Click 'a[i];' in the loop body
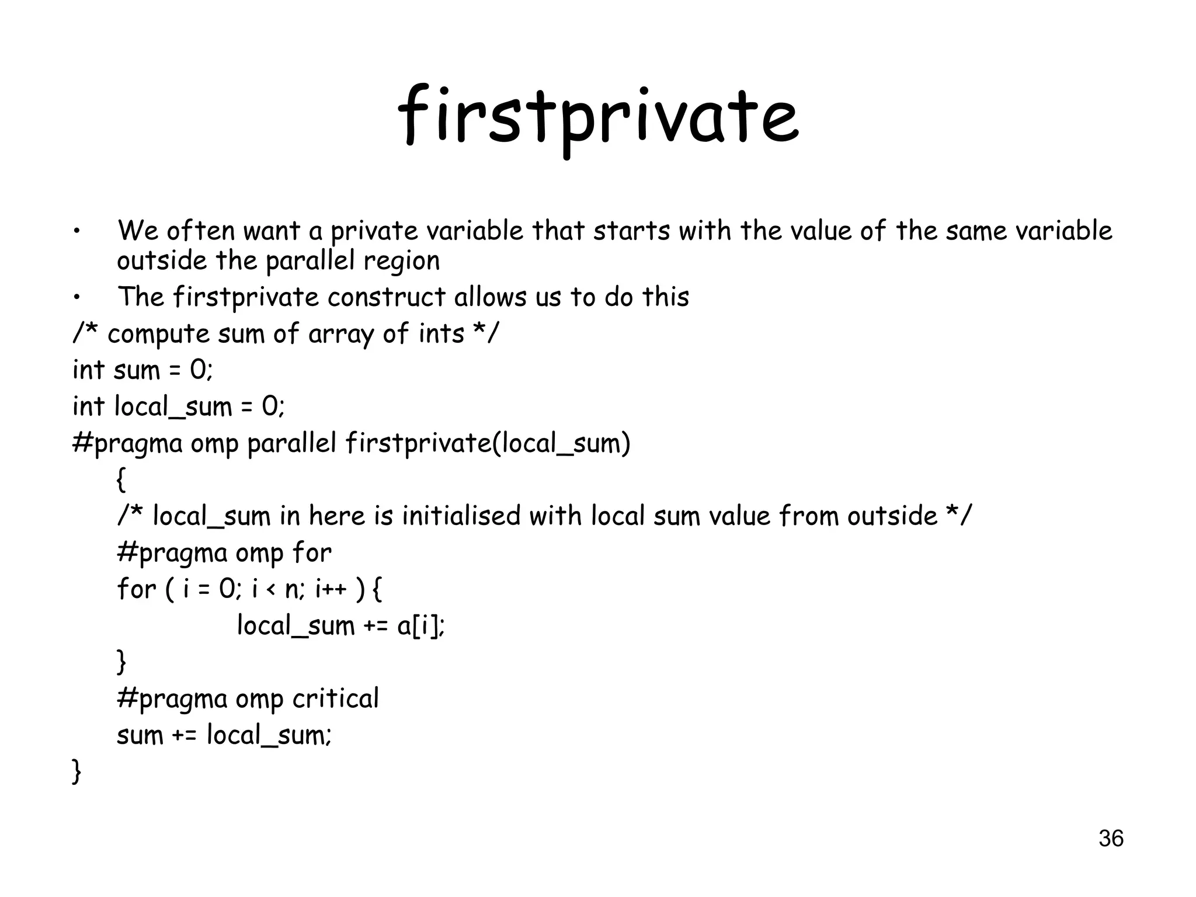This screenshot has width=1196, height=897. coord(421,626)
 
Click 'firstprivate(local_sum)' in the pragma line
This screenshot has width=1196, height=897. coord(488,444)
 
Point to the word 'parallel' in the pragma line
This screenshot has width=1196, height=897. coord(291,444)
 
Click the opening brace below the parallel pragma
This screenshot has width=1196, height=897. coord(121,480)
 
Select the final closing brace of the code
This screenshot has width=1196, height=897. coord(76,771)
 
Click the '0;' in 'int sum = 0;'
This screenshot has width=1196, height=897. coord(201,370)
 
